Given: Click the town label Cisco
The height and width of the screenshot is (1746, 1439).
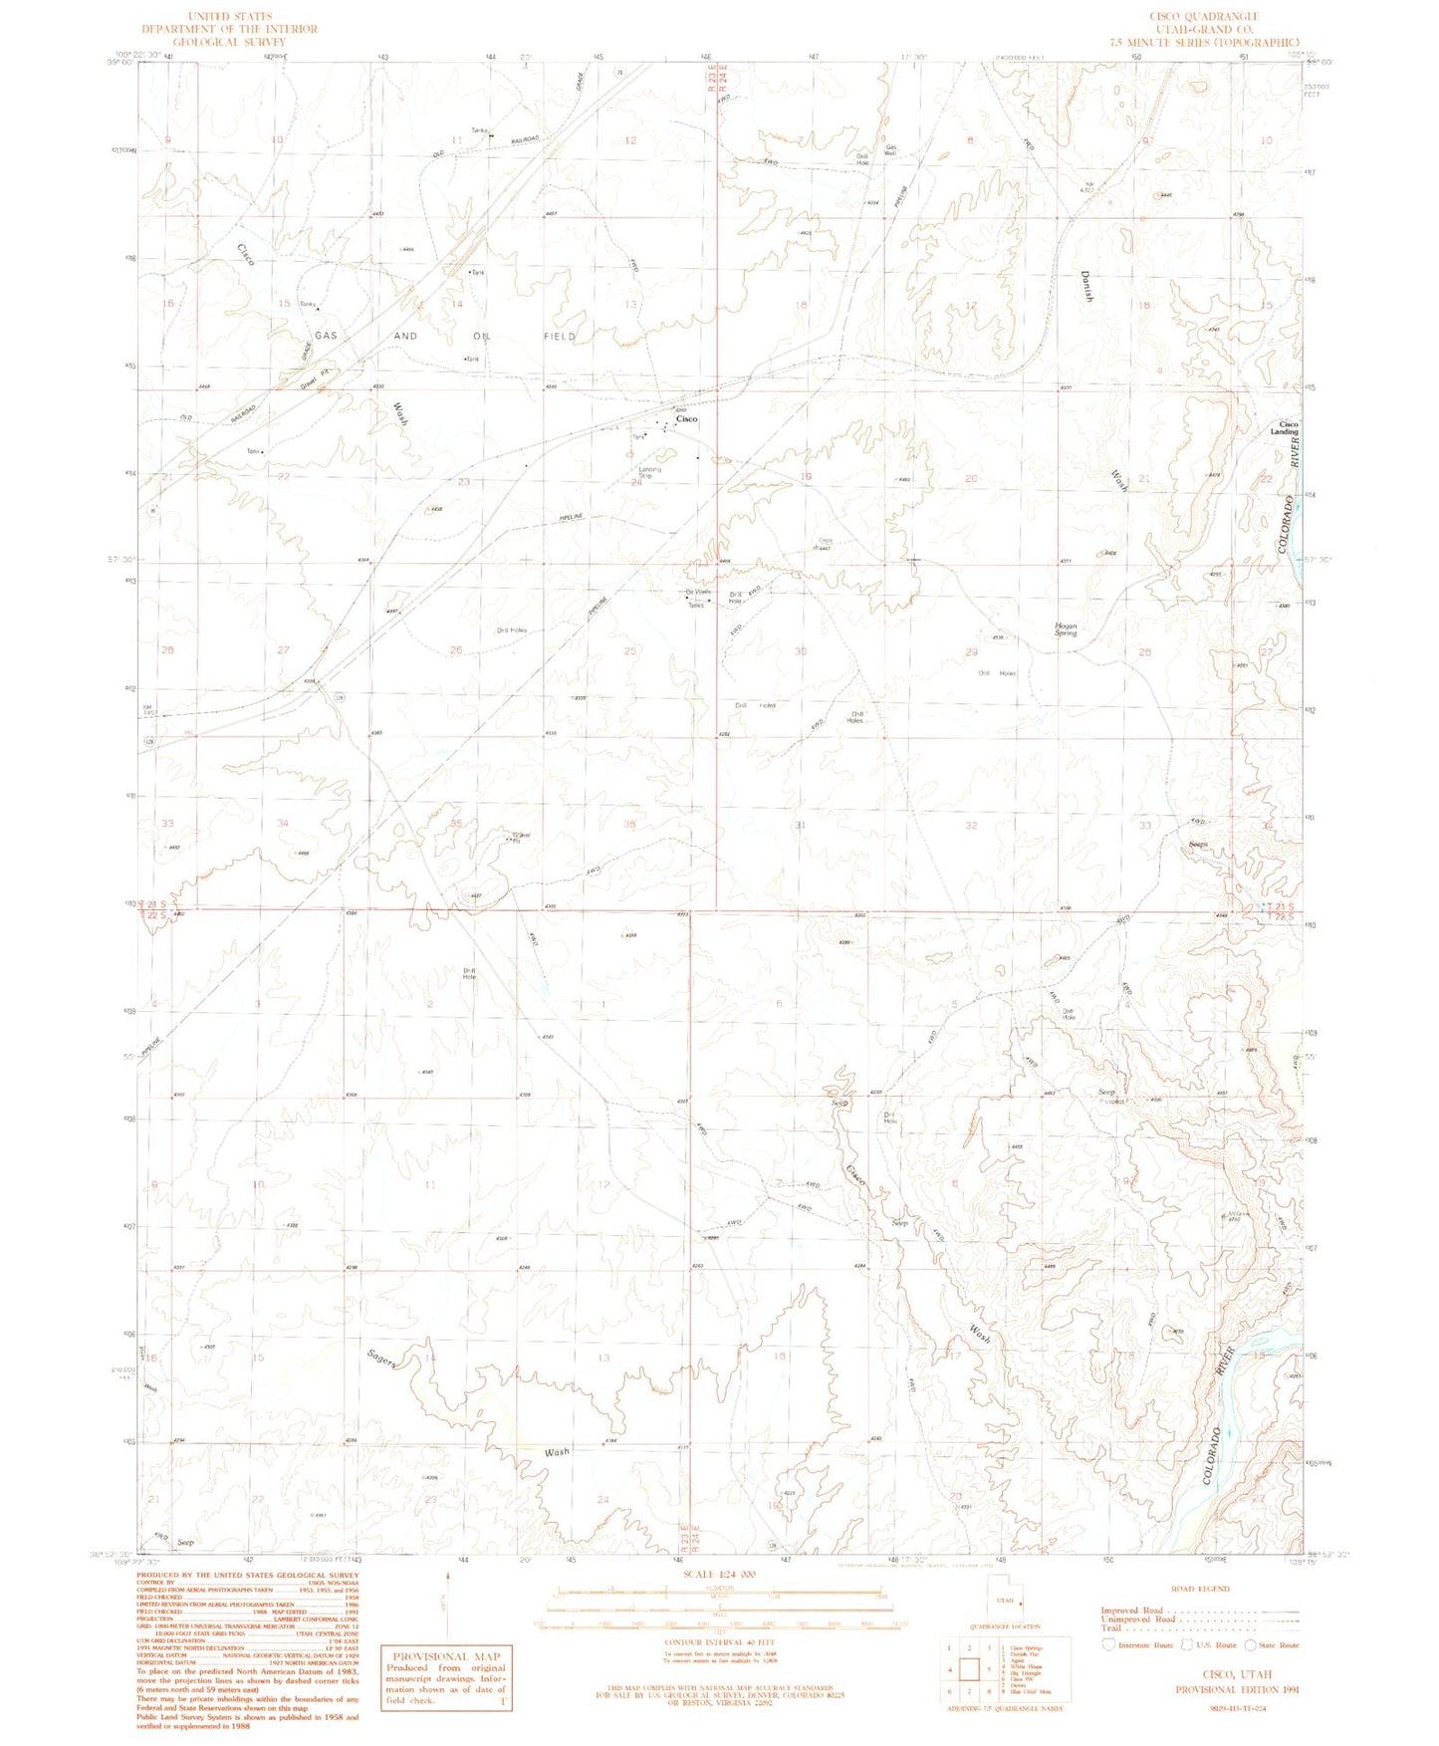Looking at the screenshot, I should tap(686, 419).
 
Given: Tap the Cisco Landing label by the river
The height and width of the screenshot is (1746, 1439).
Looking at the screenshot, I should tap(1289, 428).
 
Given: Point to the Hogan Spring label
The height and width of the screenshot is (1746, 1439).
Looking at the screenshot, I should tap(1066, 629).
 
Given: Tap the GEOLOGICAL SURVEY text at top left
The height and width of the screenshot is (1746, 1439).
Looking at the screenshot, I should tap(229, 42).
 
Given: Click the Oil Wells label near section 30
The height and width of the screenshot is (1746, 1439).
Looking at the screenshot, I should tap(697, 593).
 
